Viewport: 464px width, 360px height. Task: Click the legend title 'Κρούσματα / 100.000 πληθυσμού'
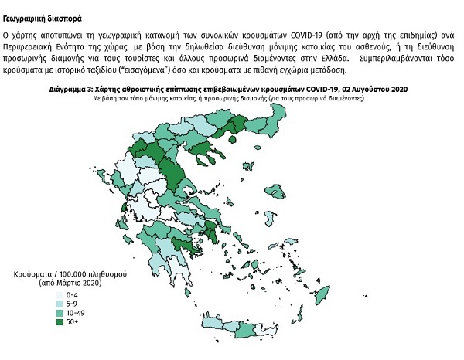70,274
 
